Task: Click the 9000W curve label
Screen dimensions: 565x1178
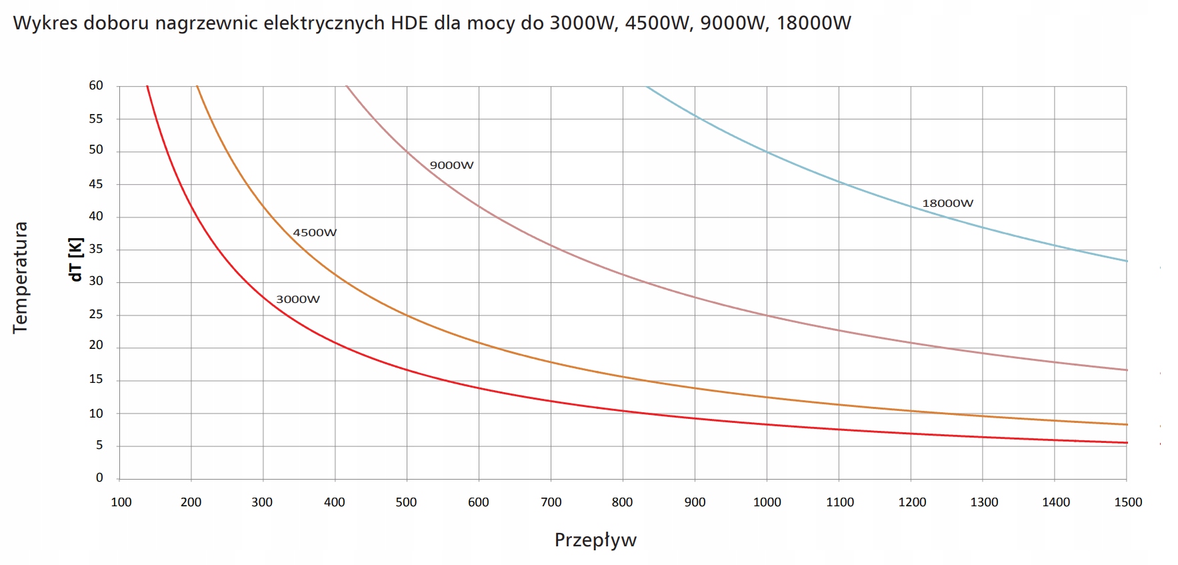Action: tap(451, 165)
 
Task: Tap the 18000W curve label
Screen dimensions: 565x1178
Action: tap(947, 203)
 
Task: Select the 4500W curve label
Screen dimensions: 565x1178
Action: tap(315, 233)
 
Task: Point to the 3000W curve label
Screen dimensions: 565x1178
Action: tap(298, 300)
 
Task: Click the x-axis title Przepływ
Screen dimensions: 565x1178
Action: tap(595, 540)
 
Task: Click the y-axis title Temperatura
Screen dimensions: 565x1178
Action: tap(21, 277)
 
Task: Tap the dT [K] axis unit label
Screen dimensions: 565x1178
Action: tap(76, 259)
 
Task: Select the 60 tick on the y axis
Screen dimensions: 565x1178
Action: tap(96, 85)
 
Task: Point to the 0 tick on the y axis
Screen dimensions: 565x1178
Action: tap(99, 478)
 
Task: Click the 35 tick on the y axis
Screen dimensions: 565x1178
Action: tap(96, 249)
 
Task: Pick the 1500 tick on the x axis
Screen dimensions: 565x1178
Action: tap(1128, 502)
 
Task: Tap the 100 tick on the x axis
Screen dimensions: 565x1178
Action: tap(121, 502)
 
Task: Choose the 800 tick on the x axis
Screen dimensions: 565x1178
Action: tap(622, 502)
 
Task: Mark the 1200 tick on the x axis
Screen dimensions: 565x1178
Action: tap(912, 502)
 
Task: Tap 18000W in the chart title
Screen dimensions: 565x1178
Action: tap(814, 23)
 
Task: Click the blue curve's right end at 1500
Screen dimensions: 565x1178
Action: tap(1125, 261)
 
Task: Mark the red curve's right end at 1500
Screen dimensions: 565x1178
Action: tap(1125, 442)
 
